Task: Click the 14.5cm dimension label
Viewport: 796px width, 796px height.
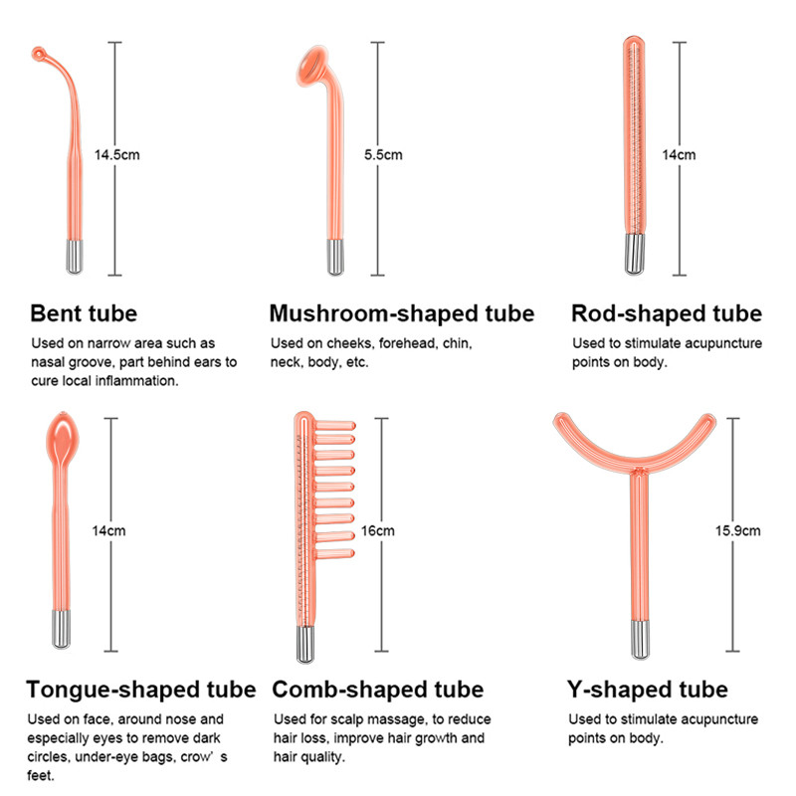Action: (x=116, y=155)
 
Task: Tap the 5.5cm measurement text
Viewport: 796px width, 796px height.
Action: (x=383, y=155)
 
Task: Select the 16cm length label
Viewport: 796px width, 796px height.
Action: (x=378, y=531)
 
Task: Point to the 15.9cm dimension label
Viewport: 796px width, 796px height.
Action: (x=737, y=531)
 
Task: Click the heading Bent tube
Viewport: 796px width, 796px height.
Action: (x=84, y=313)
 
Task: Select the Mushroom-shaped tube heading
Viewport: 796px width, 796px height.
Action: (x=402, y=313)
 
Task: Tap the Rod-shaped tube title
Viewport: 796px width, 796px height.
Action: (x=667, y=313)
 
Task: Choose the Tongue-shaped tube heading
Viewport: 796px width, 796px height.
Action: (x=141, y=690)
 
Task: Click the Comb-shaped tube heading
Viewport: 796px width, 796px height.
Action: (x=378, y=690)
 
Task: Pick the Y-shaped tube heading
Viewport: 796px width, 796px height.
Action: (x=648, y=690)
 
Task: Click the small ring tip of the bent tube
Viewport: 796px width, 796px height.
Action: (x=38, y=54)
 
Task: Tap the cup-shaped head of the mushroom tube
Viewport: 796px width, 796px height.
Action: (x=310, y=65)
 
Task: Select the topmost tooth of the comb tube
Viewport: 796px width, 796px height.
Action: (x=333, y=426)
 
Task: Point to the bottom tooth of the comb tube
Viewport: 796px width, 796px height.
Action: (x=334, y=553)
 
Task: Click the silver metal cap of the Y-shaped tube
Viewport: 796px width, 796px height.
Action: (x=640, y=639)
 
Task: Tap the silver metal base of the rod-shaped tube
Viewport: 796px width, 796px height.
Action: (x=634, y=254)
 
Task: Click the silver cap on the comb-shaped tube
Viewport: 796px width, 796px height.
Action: (x=305, y=644)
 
